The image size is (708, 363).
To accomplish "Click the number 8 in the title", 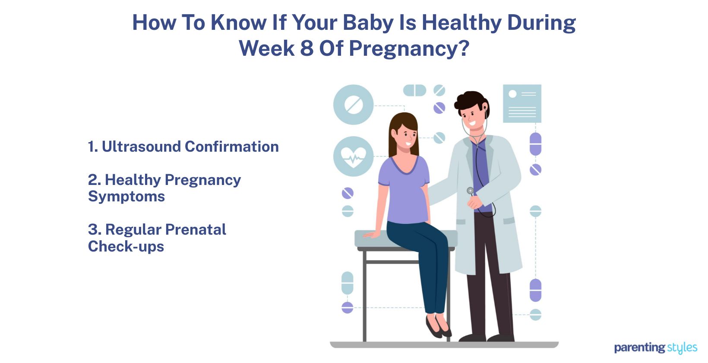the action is point(307,48).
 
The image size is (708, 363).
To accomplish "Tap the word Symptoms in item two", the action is point(126,197).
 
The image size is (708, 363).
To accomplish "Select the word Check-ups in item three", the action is point(126,246).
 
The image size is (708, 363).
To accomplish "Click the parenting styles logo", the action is point(655,348).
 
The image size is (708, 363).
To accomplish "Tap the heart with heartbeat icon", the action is point(354,156).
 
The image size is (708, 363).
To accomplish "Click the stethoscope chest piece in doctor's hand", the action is point(470,191).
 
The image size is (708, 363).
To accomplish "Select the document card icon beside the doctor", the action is point(522,103).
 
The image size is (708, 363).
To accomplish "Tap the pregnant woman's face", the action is point(407,137).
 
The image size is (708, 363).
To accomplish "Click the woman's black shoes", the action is point(438,326).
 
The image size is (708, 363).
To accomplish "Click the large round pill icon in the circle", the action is point(354,105).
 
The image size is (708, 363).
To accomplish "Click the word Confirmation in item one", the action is point(232,146).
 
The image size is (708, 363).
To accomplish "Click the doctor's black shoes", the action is point(487,338).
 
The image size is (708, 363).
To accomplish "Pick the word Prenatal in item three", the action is point(196,229).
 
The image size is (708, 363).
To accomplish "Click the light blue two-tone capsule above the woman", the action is point(415,90).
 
